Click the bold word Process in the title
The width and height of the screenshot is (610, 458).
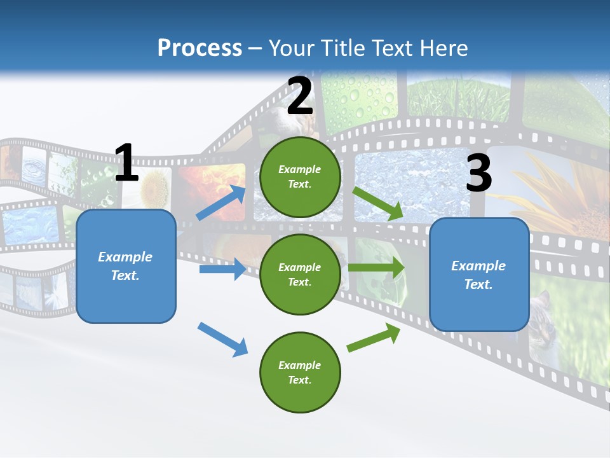coord(200,48)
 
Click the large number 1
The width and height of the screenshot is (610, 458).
coord(126,163)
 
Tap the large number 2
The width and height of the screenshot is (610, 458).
coord(300,97)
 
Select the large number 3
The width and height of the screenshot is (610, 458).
coord(478,174)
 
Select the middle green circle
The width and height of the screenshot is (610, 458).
coord(300,274)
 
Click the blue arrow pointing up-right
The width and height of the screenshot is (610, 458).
coord(221,202)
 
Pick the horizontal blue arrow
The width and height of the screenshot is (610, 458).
coord(222,269)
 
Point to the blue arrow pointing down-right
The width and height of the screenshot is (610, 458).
coord(222,339)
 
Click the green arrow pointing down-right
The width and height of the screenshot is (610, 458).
coord(378,204)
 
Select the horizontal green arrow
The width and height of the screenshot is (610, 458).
coord(376,267)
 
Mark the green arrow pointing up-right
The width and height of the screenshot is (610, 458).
coord(374,338)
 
